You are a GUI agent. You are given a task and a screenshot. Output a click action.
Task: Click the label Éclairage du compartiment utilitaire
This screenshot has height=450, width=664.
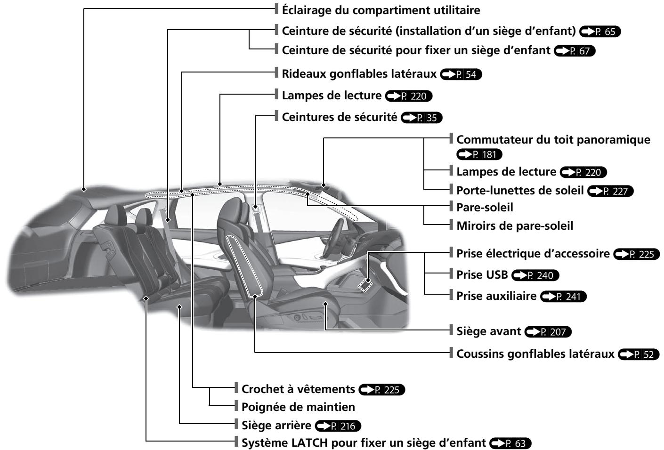coord(381,10)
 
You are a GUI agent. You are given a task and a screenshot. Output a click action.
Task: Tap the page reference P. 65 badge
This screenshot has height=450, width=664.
coord(600,32)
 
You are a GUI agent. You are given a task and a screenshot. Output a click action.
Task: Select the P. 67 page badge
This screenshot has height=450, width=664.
coord(575,51)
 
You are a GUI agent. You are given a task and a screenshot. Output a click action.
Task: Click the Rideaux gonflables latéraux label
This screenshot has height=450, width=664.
coord(359,74)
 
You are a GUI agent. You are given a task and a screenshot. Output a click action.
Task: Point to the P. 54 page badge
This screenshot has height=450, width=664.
coord(461,74)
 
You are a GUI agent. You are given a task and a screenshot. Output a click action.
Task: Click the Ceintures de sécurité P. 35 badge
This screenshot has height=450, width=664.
coord(421,118)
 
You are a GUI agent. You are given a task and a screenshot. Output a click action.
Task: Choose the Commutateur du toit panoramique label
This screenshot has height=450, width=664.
coord(553,140)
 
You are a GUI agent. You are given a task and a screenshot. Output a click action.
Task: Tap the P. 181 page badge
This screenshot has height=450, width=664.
coord(479,154)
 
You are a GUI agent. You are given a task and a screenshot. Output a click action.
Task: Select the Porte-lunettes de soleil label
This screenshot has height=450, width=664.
coord(519,191)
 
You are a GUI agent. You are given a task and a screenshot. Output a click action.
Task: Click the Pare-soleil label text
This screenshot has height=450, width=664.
coord(485,208)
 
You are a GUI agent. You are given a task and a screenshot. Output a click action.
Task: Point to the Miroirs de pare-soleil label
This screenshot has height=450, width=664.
coord(515,226)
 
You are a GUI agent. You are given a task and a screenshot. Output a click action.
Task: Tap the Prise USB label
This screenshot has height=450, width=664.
coord(482,275)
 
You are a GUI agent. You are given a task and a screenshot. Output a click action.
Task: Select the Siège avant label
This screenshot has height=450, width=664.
coord(488,331)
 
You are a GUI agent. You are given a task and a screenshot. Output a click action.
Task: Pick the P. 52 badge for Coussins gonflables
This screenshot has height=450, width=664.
coord(639,354)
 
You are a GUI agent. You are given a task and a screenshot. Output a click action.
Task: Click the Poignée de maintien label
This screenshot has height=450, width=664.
coord(298,407)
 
